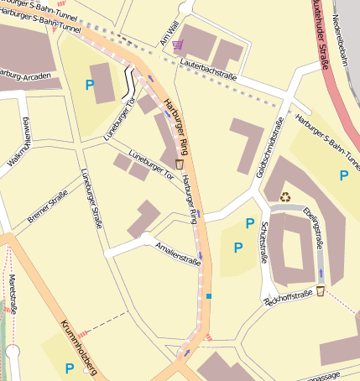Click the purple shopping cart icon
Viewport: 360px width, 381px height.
coord(177,44)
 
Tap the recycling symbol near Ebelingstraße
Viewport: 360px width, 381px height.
coord(285,197)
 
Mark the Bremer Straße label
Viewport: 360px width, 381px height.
coord(48,206)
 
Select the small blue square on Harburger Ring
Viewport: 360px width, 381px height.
coord(209,295)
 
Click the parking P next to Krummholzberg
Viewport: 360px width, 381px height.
coord(69,368)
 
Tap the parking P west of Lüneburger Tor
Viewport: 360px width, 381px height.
coord(90,84)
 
